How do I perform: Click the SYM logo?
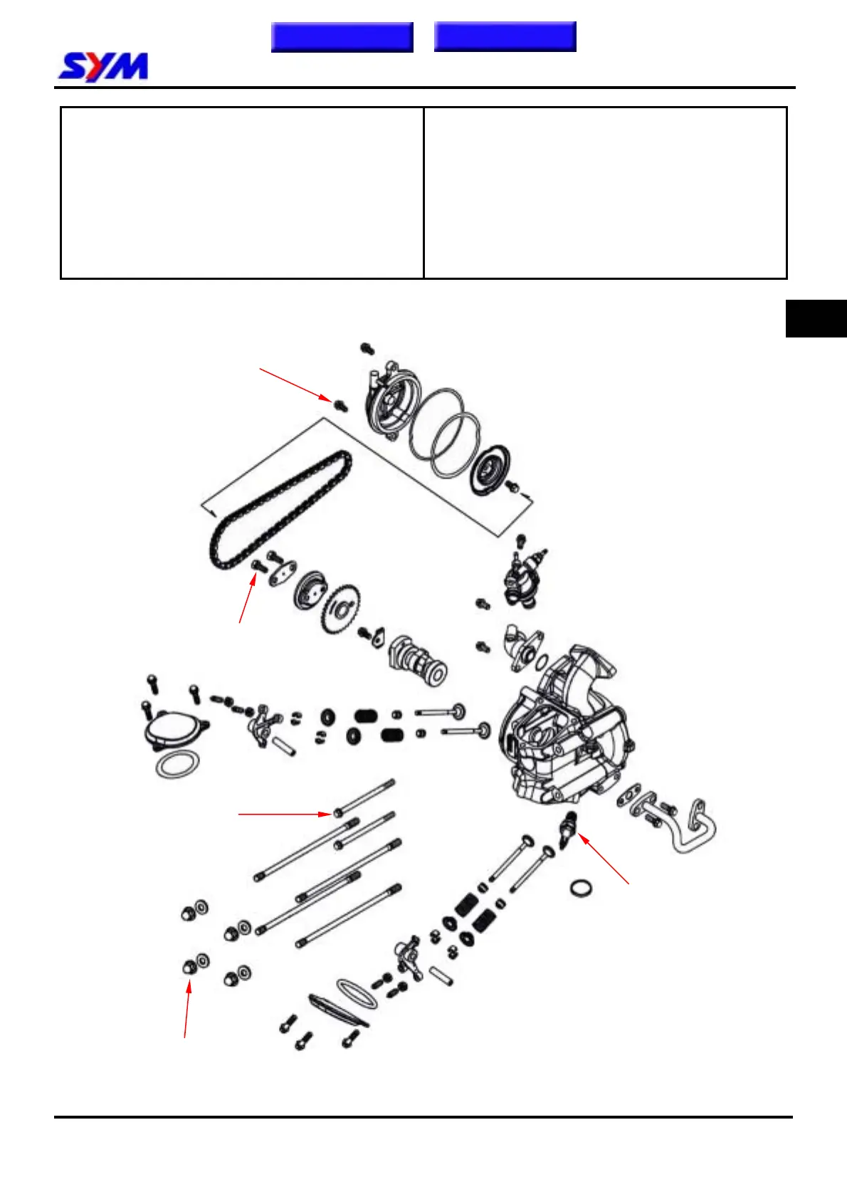pyautogui.click(x=103, y=67)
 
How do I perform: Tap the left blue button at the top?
pyautogui.click(x=342, y=37)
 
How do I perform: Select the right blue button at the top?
pyautogui.click(x=505, y=37)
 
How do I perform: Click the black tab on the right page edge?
pyautogui.click(x=816, y=318)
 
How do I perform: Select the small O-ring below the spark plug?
pyautogui.click(x=582, y=889)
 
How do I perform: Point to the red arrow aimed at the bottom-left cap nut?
pyautogui.click(x=187, y=1008)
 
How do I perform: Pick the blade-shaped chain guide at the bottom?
pyautogui.click(x=339, y=1010)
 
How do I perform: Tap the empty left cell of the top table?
pyautogui.click(x=242, y=192)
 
